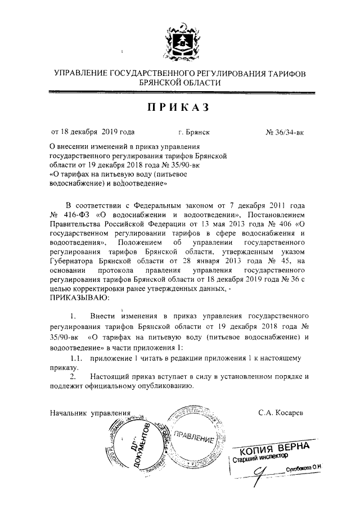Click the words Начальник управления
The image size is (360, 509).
(x=86, y=413)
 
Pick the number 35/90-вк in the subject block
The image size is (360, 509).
(x=179, y=166)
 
